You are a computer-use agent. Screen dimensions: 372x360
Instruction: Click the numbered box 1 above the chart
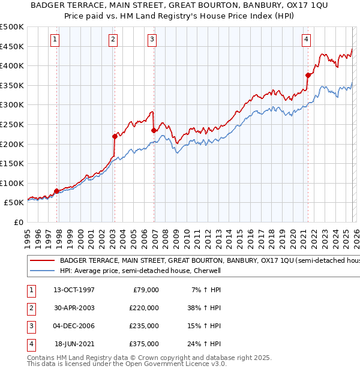55,40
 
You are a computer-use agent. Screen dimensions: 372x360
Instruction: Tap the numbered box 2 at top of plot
113,40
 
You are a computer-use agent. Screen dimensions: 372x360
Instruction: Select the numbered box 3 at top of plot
152,40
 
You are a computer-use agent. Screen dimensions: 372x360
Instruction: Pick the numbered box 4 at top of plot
306,40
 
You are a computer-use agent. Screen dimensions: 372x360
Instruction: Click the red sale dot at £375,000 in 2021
308,75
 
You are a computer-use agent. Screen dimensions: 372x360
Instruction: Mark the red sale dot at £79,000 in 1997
57,191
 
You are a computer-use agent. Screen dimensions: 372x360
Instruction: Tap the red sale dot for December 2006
154,130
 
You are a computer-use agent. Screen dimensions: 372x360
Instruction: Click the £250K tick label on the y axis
12,124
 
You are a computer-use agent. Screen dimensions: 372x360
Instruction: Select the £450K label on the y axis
12,46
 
